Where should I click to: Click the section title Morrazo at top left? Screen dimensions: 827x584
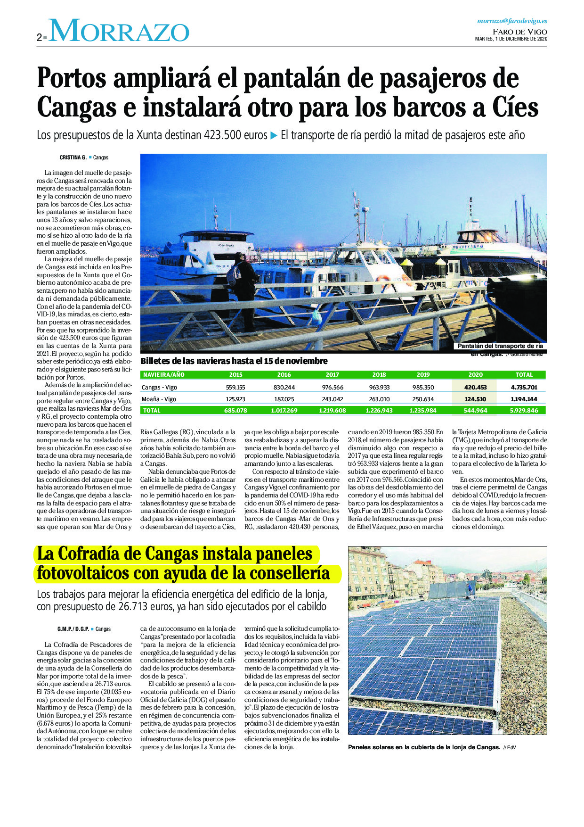tap(119, 31)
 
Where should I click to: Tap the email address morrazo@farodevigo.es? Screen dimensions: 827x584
tap(512, 21)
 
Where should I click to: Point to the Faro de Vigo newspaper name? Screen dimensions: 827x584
tap(520, 32)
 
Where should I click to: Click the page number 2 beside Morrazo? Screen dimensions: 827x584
tap(40, 38)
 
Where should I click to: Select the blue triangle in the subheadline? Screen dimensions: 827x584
tap(274, 135)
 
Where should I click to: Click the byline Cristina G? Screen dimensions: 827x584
tap(73, 157)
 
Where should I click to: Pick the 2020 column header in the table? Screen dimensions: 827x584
tap(475, 375)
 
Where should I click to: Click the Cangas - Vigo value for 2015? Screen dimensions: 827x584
tap(235, 388)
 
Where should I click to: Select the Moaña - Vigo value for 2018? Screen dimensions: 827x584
tap(379, 399)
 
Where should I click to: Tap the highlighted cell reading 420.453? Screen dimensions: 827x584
tap(475, 388)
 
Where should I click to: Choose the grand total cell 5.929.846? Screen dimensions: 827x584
tap(523, 410)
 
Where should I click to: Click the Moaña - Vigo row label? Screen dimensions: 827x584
tap(159, 399)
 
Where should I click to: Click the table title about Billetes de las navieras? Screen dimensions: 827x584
tap(234, 361)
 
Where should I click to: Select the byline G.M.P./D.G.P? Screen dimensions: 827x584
tap(73, 629)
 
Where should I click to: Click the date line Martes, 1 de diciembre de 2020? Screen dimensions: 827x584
tap(511, 39)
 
